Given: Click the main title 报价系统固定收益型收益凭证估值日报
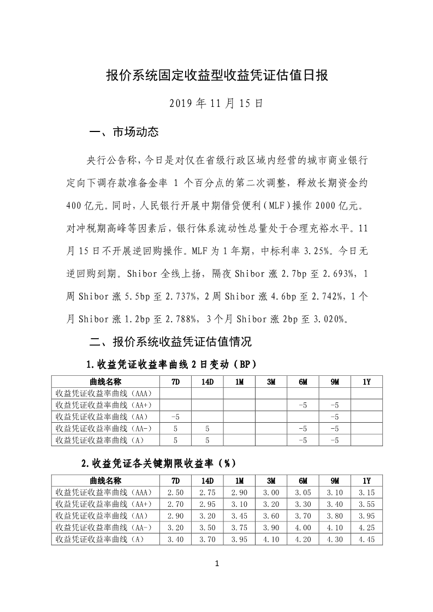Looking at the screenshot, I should point(216,75).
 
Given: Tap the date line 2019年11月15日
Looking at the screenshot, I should point(216,103).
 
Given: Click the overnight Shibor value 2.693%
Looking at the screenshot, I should point(343,274).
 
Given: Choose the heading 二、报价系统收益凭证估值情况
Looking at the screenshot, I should point(170,342).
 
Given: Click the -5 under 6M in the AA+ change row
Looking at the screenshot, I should point(302,405).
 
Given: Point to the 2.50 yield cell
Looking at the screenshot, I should point(175,492).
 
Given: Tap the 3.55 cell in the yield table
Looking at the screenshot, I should point(366,504).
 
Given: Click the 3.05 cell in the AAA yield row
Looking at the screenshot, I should point(302,492).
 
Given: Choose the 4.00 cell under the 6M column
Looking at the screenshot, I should point(302,527).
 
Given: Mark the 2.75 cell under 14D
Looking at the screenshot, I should point(207,492).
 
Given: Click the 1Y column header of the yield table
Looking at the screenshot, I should point(366,481).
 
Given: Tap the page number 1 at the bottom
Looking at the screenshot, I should point(217,563).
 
